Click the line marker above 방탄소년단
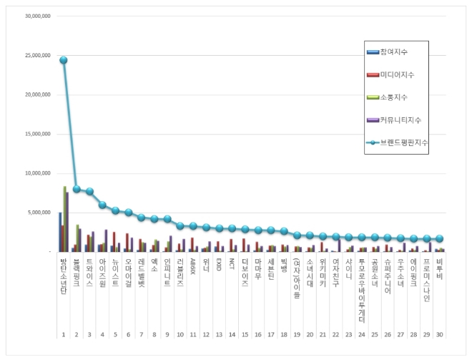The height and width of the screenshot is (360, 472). coord(64,60)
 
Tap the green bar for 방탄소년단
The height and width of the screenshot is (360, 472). coord(64,219)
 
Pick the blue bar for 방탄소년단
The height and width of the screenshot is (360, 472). coord(59,232)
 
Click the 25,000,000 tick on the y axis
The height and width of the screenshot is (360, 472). coord(36,55)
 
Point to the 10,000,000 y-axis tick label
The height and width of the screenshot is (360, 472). coord(36,173)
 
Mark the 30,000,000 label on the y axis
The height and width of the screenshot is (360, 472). coord(36,16)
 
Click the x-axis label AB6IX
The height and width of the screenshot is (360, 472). coord(193,266)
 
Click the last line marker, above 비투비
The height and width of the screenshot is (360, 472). coord(439,239)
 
